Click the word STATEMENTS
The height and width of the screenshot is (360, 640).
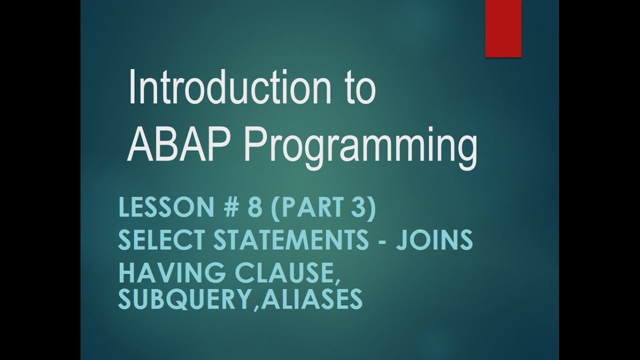coord(291,241)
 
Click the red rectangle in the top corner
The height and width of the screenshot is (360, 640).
coord(503,28)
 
